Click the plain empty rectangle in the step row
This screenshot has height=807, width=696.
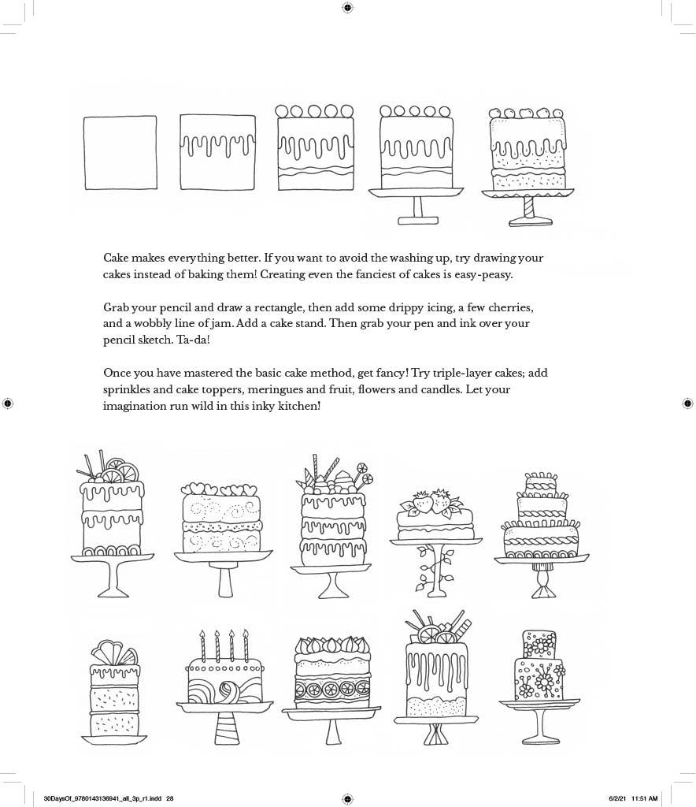coord(120,152)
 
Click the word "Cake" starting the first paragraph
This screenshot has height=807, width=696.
coord(118,258)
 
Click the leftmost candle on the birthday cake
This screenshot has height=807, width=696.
coord(202,646)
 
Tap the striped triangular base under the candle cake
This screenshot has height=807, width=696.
coord(228,727)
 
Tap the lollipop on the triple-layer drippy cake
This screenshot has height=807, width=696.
coord(363,469)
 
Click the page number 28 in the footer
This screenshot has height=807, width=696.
coord(169,798)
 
